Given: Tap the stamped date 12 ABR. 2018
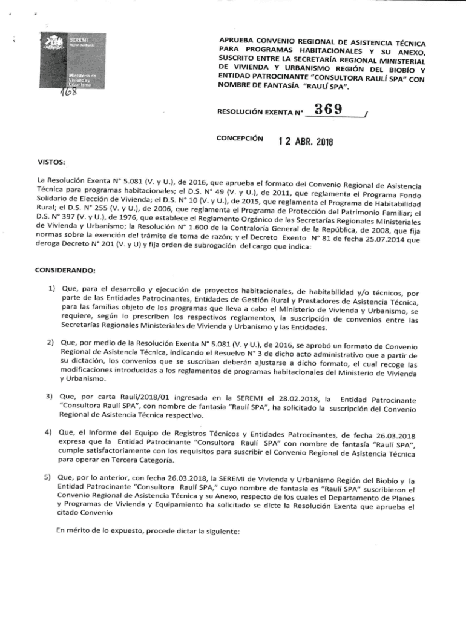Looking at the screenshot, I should tap(306, 142).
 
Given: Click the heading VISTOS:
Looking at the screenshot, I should tap(55, 162).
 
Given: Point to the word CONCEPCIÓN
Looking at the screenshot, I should tap(240, 138).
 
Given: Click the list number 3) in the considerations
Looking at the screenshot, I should tap(53, 396).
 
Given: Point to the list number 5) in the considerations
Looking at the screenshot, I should tap(53, 478).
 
